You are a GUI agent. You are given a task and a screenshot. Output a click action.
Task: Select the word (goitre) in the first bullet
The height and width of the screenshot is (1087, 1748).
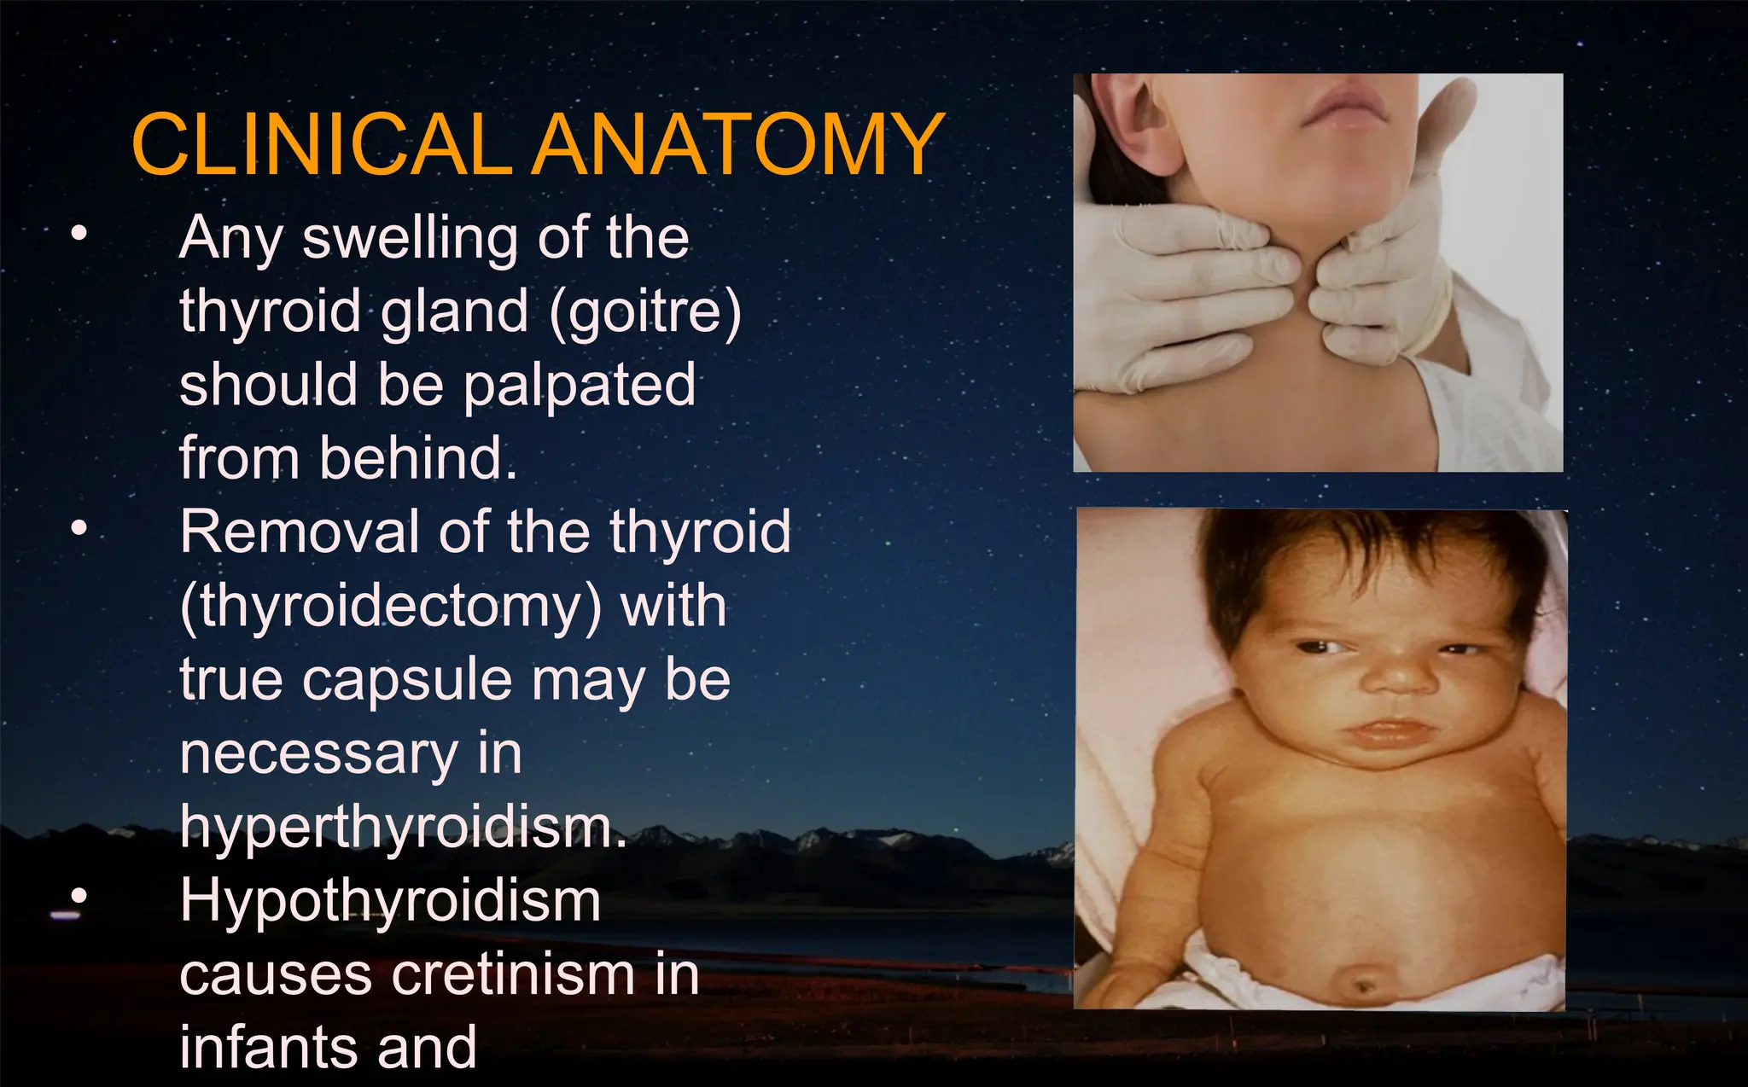click(645, 311)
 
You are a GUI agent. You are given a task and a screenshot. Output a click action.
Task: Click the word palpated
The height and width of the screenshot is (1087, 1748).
click(580, 385)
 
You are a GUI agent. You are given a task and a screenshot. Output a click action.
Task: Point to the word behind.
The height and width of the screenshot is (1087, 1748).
click(418, 458)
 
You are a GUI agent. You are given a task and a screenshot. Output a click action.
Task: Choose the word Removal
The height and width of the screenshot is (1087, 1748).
click(299, 532)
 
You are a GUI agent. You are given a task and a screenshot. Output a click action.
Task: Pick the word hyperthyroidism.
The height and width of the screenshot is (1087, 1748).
click(403, 827)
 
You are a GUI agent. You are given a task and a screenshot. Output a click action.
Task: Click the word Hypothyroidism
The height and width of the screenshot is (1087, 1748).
click(390, 901)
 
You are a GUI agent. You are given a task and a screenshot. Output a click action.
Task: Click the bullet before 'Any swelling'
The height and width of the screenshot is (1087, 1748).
click(79, 233)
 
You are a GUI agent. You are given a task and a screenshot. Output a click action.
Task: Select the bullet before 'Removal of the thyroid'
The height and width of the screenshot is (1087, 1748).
click(79, 528)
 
